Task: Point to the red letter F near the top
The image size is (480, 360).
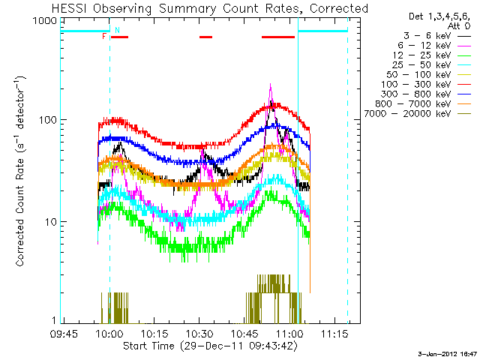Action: (x=103, y=36)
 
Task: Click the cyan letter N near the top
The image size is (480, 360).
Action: (x=117, y=29)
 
